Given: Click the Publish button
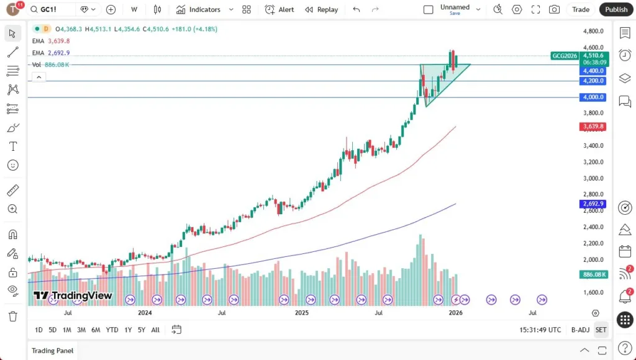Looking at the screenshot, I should [x=616, y=9].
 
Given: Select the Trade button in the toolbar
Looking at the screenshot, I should [x=581, y=9].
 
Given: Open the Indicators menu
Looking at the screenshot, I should [x=199, y=9].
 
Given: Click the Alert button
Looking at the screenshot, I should [x=279, y=9].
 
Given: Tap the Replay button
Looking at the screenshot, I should [x=322, y=9].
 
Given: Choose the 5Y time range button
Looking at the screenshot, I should [x=142, y=330].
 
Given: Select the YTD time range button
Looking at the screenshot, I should [x=112, y=330].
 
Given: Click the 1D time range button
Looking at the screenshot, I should [x=39, y=330].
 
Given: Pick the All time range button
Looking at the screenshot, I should [x=155, y=330].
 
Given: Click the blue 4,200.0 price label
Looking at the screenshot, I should [x=593, y=81].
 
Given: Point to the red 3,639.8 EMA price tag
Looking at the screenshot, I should [x=593, y=127].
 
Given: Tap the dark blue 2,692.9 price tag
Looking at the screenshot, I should [x=593, y=204].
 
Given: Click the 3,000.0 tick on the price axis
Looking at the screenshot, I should [x=593, y=178].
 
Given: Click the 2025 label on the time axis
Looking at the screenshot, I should [x=302, y=313].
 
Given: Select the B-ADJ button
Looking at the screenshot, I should [x=579, y=330].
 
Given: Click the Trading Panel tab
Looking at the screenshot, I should [x=53, y=351].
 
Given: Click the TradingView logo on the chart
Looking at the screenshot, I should [x=73, y=295].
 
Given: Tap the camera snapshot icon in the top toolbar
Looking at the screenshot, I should [x=554, y=9].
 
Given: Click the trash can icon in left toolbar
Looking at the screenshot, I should [x=12, y=316].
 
